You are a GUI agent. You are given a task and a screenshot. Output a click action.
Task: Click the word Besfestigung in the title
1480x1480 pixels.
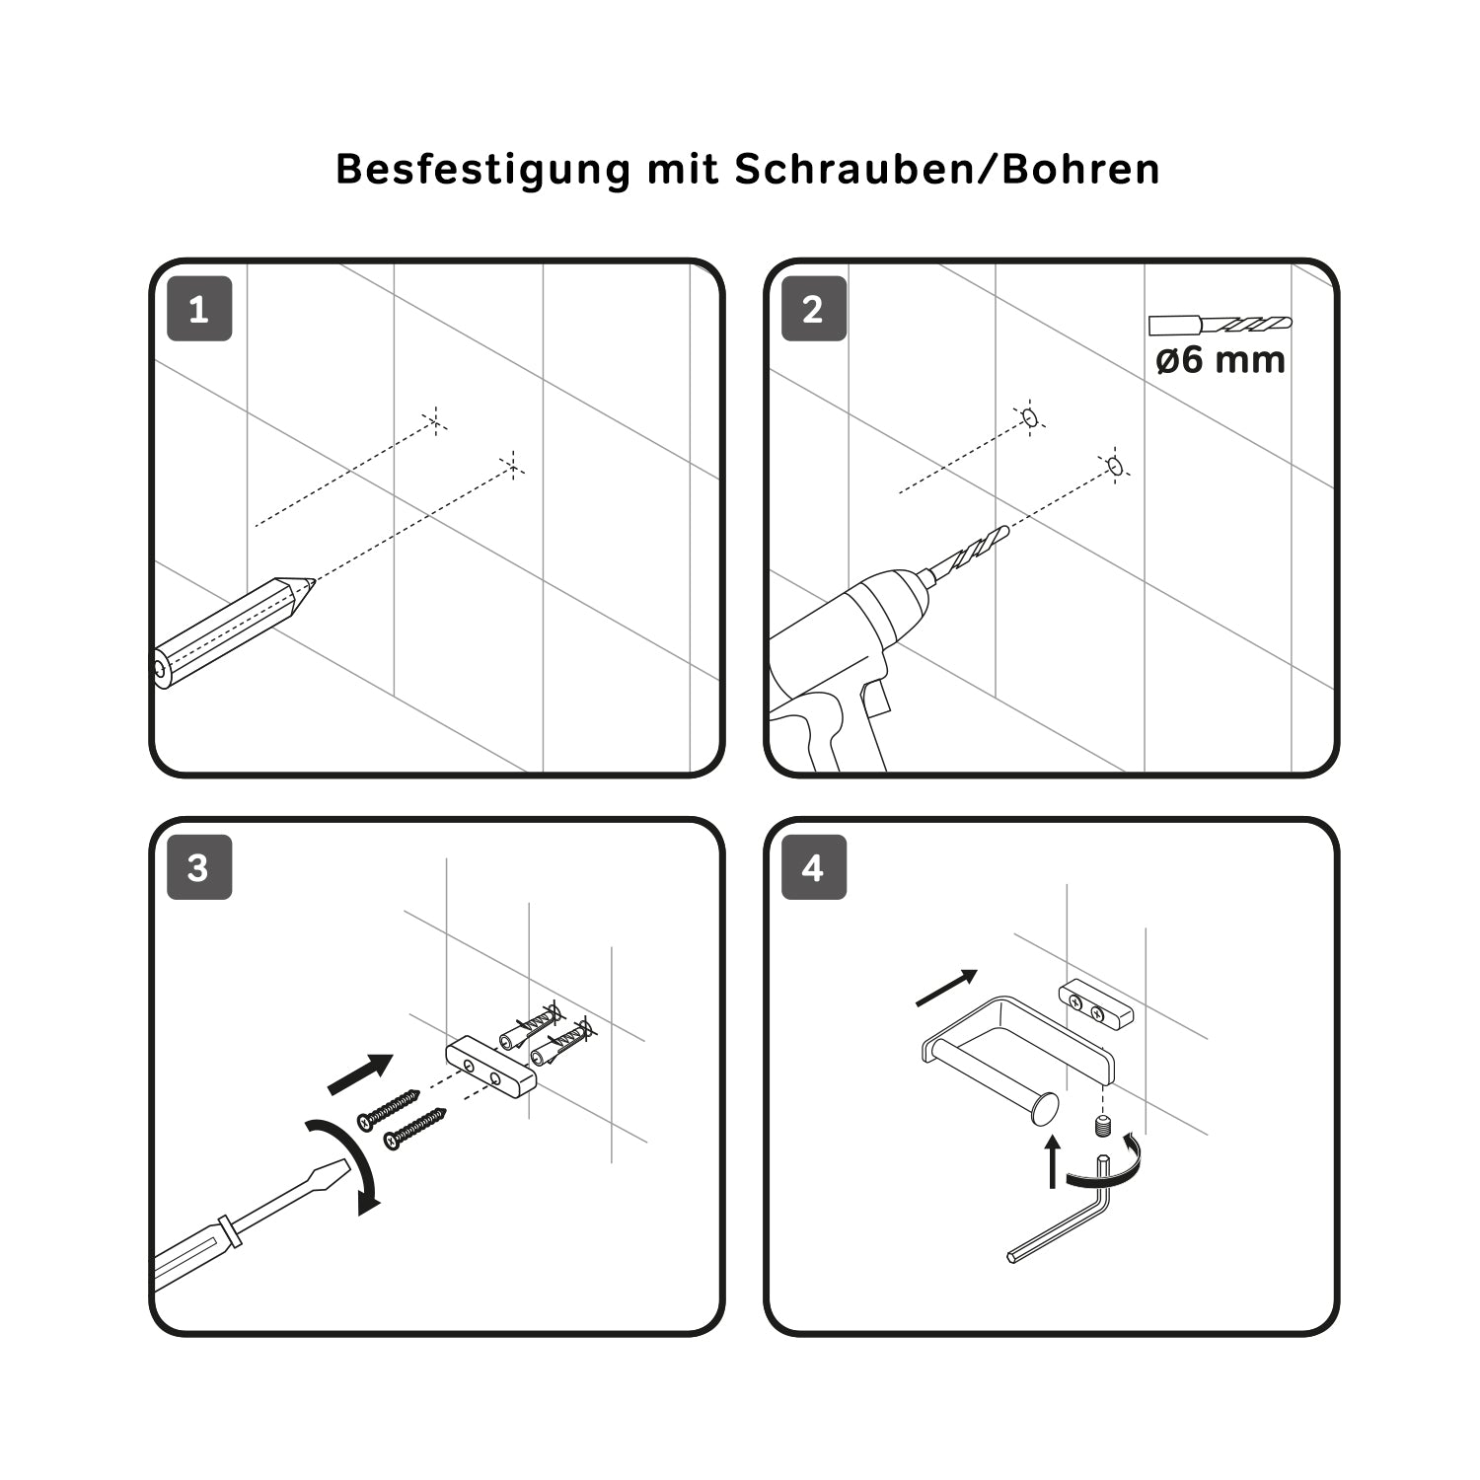pyautogui.click(x=482, y=170)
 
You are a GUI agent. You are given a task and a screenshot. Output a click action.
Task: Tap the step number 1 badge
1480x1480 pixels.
pyautogui.click(x=199, y=310)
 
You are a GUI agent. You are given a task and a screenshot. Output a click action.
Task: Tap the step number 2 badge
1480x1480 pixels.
pyautogui.click(x=814, y=310)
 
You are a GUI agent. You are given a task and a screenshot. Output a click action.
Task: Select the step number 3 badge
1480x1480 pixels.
pyautogui.click(x=199, y=868)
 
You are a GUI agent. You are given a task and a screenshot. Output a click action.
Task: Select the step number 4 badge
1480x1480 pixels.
pyautogui.click(x=814, y=868)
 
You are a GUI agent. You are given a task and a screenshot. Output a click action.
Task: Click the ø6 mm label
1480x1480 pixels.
pyautogui.click(x=1221, y=360)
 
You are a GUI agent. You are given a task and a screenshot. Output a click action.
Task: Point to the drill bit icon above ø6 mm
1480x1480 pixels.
pyautogui.click(x=1221, y=324)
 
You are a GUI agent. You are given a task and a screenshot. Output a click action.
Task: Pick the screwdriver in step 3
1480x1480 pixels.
pyautogui.click(x=247, y=1223)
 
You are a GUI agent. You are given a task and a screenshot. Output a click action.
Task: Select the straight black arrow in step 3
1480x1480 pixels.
pyautogui.click(x=360, y=1073)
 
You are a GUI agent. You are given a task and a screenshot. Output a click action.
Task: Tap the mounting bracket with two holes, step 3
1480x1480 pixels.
pyautogui.click(x=490, y=1066)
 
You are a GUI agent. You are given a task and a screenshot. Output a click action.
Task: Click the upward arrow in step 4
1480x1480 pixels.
pyautogui.click(x=1053, y=1161)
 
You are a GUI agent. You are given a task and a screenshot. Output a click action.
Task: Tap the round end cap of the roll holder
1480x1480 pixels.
pyautogui.click(x=1043, y=1110)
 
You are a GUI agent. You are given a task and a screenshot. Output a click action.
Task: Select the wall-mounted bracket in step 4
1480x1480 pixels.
pyautogui.click(x=1096, y=1005)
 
